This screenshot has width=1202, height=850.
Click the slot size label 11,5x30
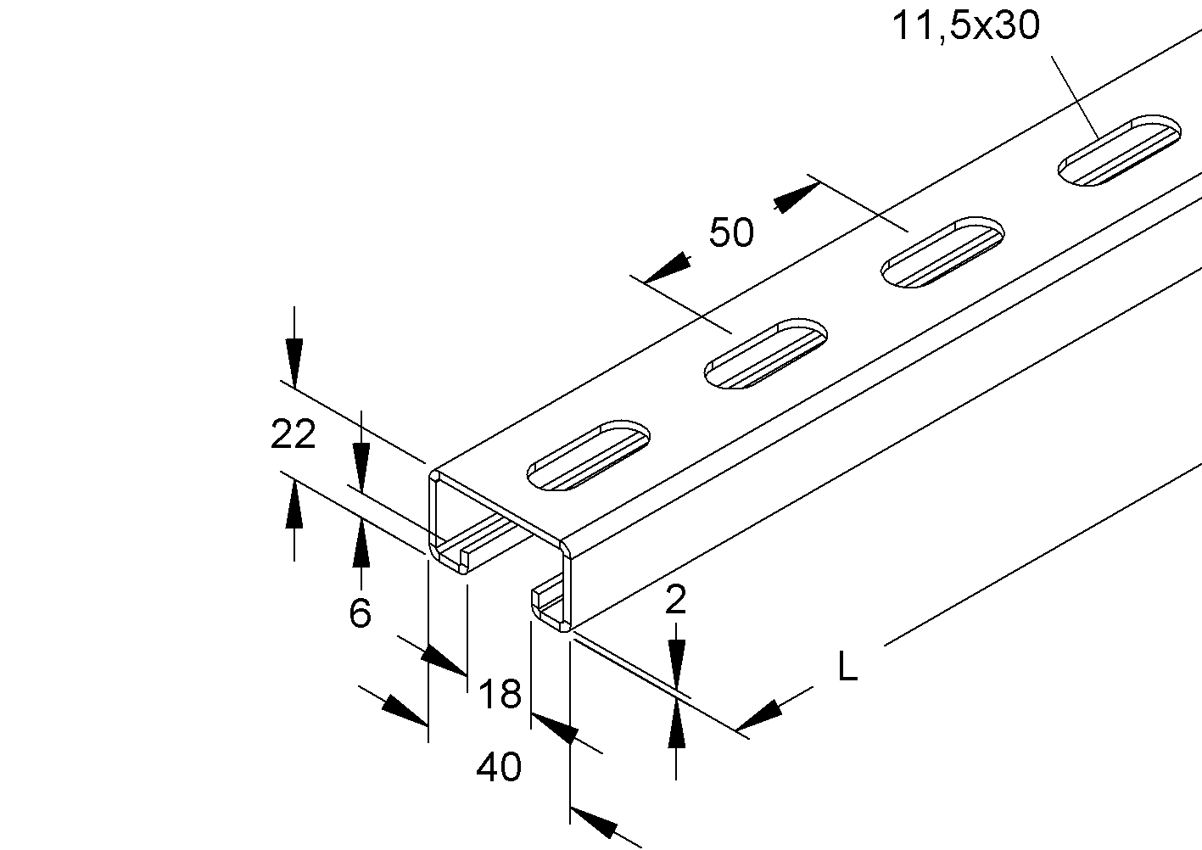pos(965,25)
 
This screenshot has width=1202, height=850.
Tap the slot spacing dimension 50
pos(731,232)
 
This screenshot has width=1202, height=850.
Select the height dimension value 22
pos(293,434)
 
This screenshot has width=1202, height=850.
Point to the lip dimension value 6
pos(360,612)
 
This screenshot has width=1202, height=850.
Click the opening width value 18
pos(499,693)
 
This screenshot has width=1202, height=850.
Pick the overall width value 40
pos(499,767)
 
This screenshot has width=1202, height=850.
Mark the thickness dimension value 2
pos(675,600)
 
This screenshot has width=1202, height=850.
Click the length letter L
pos(847,667)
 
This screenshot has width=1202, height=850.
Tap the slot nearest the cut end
pos(588,455)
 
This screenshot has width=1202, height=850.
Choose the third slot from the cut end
pos(942,252)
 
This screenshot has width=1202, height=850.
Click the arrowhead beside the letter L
pos(759,716)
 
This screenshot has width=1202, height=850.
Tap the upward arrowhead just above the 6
pos(361,542)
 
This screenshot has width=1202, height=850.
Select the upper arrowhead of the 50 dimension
pos(797,198)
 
